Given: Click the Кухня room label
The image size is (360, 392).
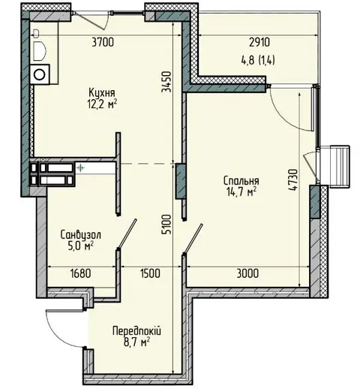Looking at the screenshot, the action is [102, 93].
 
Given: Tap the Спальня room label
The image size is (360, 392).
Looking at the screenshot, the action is [241, 180].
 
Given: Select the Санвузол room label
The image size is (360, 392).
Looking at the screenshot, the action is [81, 235].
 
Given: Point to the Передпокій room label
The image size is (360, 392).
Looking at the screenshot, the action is [136, 331].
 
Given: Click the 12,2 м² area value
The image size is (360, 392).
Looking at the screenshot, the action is [102, 104].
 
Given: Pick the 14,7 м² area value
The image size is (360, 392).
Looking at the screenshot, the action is [241, 191].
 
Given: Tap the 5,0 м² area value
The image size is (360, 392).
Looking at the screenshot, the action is [81, 246].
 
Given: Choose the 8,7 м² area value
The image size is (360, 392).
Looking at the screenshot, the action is [136, 342].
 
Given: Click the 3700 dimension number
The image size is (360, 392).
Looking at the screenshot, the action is [103, 42].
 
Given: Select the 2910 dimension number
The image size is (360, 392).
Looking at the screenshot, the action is [259, 42].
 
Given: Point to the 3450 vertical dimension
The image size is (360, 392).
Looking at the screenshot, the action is [166, 82].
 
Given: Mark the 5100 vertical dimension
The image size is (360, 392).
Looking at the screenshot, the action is [166, 225].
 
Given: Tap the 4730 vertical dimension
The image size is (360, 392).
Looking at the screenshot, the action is [292, 180].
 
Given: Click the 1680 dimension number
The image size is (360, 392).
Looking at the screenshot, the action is [81, 273].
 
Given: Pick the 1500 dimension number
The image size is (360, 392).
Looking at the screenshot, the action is [150, 273].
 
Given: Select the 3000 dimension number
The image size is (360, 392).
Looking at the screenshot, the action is [247, 273].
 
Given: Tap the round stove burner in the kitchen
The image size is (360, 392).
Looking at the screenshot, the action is [40, 74].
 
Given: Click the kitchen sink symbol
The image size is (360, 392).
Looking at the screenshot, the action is [39, 51].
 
